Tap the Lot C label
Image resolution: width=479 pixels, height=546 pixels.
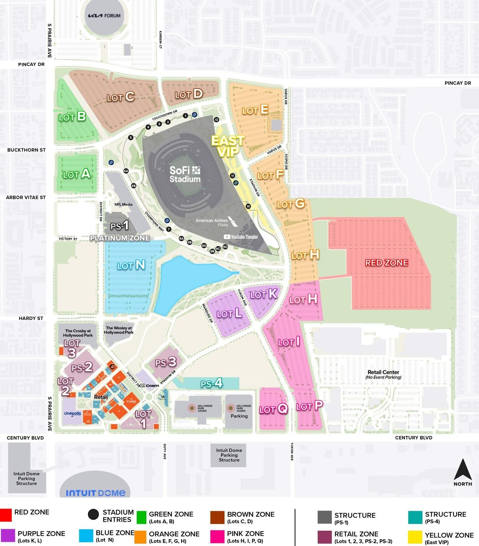(120, 97)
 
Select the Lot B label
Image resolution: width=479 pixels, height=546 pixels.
(72, 117)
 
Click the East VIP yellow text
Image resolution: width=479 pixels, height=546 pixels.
(228, 146)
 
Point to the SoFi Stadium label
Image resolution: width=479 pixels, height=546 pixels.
(185, 174)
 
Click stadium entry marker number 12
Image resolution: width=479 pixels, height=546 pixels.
(216, 120)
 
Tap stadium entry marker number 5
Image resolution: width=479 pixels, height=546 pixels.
(131, 137)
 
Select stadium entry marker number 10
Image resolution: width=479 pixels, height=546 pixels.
(248, 206)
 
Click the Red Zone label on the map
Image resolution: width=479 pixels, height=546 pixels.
(387, 263)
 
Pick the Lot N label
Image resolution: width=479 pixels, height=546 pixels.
(131, 265)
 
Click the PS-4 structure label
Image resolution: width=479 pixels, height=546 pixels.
(211, 383)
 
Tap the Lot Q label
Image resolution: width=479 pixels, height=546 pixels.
(273, 409)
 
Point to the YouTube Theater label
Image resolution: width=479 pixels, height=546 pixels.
(241, 237)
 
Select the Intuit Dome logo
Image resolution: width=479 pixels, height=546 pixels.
(95, 493)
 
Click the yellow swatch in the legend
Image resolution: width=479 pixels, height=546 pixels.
(415, 537)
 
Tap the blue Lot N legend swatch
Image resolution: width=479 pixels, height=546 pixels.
(86, 536)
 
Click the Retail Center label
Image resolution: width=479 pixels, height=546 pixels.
(383, 372)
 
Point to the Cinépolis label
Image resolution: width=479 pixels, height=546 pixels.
(73, 413)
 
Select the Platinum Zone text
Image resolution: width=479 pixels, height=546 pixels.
(120, 238)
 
